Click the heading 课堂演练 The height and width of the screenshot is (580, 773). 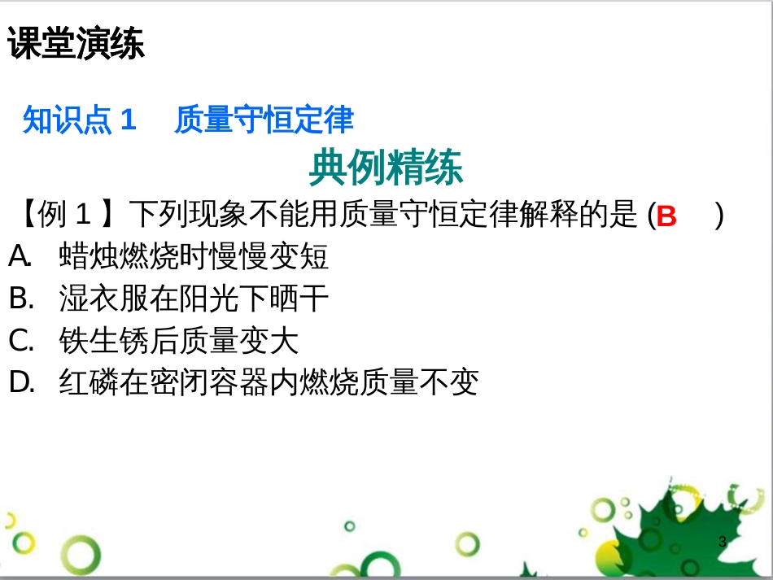pos(76,43)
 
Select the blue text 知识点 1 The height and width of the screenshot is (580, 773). pos(80,120)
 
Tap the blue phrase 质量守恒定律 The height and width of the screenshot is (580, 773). pos(264,120)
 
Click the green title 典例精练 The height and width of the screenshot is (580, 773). pos(386,168)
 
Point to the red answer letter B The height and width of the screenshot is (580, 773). pos(666,216)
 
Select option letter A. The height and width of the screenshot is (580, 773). pos(20,256)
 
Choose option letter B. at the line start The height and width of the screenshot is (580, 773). pos(22,298)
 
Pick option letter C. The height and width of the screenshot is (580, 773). pos(22,340)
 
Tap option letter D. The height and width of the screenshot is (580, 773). pos(22,382)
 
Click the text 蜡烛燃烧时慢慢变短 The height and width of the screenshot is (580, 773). pos(194,256)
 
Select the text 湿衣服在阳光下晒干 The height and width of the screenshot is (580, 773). pos(194,298)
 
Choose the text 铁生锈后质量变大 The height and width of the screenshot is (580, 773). pos(179,340)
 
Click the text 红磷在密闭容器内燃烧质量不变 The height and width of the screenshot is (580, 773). pos(269,382)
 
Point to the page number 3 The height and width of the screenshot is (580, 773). pos(723,542)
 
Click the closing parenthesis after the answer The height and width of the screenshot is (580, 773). pos(719,216)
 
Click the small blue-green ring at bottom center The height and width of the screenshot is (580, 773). pos(350,526)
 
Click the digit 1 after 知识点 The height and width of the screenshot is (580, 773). pos(129,120)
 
